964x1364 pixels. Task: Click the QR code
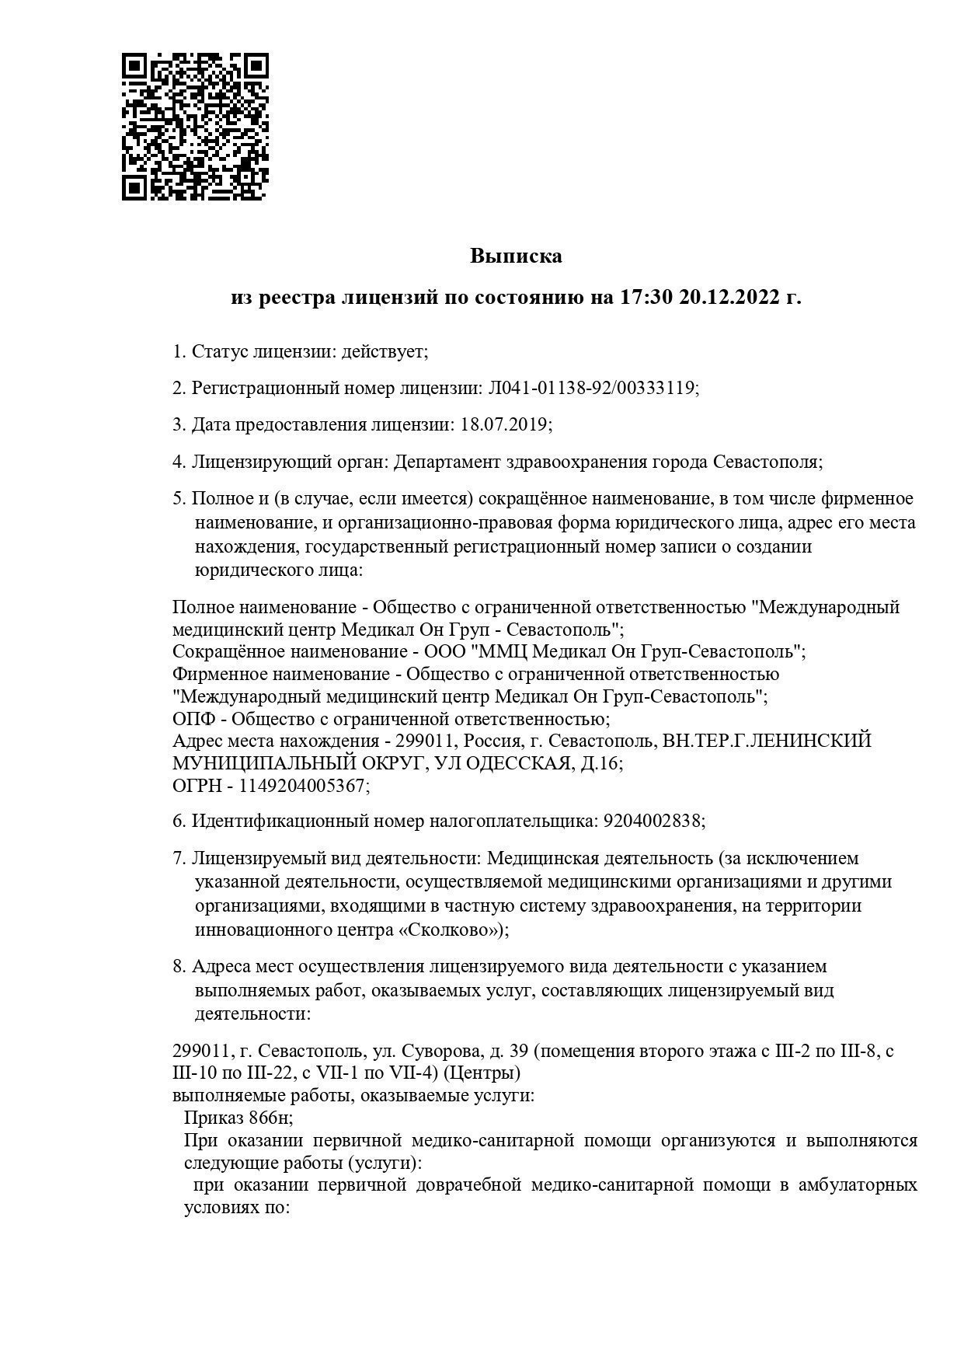coord(195,126)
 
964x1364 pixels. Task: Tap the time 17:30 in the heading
coord(645,298)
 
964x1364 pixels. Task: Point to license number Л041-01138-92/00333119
coord(591,389)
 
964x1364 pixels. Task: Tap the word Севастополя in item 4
coord(765,462)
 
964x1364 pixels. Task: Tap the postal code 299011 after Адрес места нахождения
coord(421,741)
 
